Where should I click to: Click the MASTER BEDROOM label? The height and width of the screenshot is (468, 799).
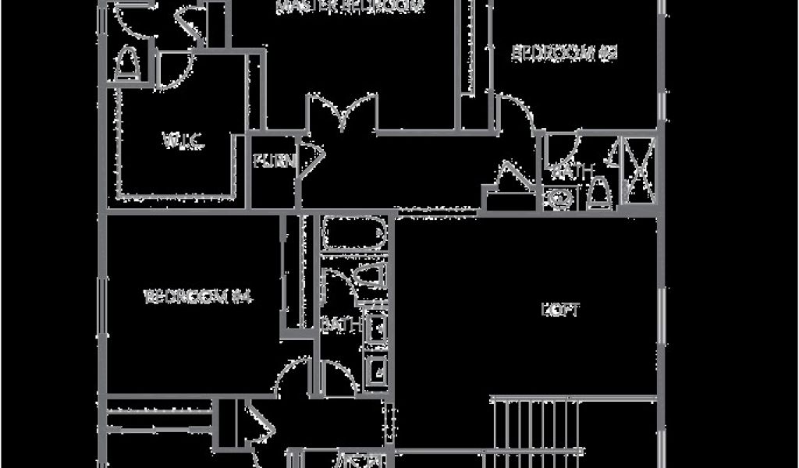click(350, 7)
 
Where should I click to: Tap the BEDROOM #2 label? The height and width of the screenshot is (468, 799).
click(564, 53)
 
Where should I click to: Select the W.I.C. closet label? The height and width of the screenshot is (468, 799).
click(183, 142)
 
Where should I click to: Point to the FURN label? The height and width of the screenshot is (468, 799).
click(274, 162)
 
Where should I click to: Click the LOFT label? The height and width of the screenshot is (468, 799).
click(560, 310)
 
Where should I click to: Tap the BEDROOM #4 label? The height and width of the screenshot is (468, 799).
click(201, 296)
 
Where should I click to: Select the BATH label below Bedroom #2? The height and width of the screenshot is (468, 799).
click(573, 171)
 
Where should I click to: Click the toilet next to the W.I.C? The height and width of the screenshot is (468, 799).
click(127, 65)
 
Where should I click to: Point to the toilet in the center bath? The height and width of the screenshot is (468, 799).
click(368, 277)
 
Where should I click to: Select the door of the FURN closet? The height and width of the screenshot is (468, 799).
click(311, 160)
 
